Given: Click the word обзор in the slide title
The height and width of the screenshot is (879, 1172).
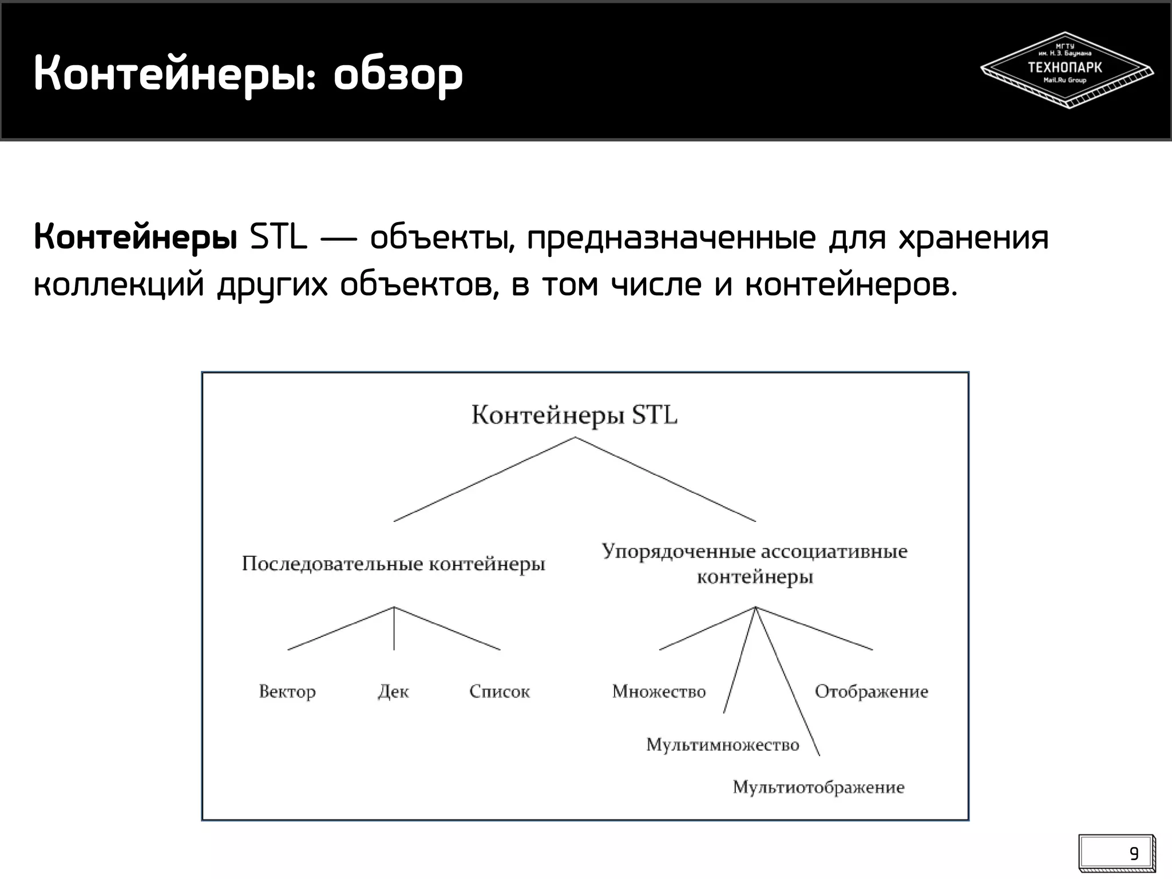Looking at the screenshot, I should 398,74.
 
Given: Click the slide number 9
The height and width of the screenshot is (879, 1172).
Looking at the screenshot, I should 1134,854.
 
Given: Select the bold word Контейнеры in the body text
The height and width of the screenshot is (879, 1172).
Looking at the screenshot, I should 136,237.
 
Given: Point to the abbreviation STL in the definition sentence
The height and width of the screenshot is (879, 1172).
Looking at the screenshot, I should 278,237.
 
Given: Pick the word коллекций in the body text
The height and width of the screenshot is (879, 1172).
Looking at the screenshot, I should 119,284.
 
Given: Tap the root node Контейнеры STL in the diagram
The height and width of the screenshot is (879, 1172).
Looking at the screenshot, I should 574,415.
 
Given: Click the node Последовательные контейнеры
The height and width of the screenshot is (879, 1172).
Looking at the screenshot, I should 393,564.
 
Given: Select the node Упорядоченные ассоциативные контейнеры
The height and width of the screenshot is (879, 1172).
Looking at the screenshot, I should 754,564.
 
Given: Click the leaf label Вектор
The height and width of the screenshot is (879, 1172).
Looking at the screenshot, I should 287,692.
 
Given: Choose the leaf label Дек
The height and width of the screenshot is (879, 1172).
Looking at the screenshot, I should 394,692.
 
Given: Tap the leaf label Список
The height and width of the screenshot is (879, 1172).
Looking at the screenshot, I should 500,692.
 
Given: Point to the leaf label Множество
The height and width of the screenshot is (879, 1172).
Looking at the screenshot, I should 659,692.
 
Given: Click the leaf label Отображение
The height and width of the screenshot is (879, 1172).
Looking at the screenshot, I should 871,692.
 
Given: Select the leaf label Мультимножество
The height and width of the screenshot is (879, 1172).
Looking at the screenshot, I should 722,745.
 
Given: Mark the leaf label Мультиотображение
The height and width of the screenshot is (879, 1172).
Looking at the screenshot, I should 818,787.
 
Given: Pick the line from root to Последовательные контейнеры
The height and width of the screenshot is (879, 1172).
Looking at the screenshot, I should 484,480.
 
